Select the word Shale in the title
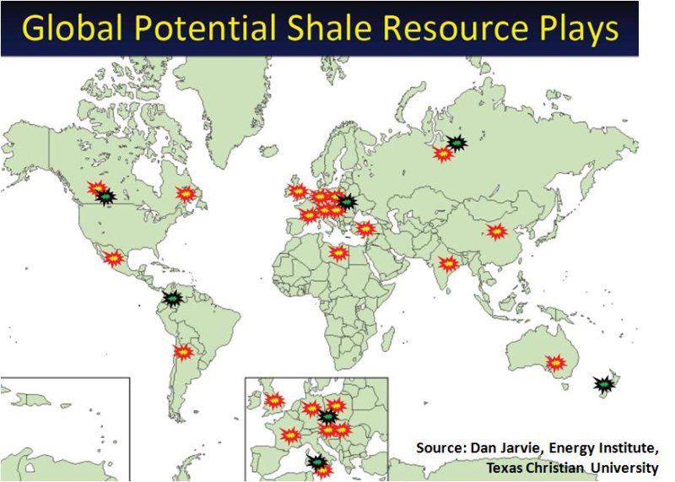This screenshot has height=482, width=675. tap(327, 28)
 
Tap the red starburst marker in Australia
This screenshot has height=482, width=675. tap(556, 363)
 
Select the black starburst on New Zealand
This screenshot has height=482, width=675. tap(603, 383)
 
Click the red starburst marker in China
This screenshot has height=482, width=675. tap(497, 232)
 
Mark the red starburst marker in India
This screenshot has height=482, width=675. tap(448, 263)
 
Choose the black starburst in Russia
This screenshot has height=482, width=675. tap(456, 143)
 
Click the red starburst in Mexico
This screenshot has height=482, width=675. tap(114, 258)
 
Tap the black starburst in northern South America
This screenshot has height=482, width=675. tap(173, 298)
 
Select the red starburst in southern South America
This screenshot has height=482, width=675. tap(183, 352)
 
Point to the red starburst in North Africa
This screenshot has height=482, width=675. tap(338, 253)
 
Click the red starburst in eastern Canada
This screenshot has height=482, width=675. tap(186, 194)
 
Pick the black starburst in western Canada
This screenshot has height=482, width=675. tap(105, 197)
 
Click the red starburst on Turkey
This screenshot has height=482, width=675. tap(365, 229)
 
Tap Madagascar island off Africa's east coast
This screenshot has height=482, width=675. tap(388, 337)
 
